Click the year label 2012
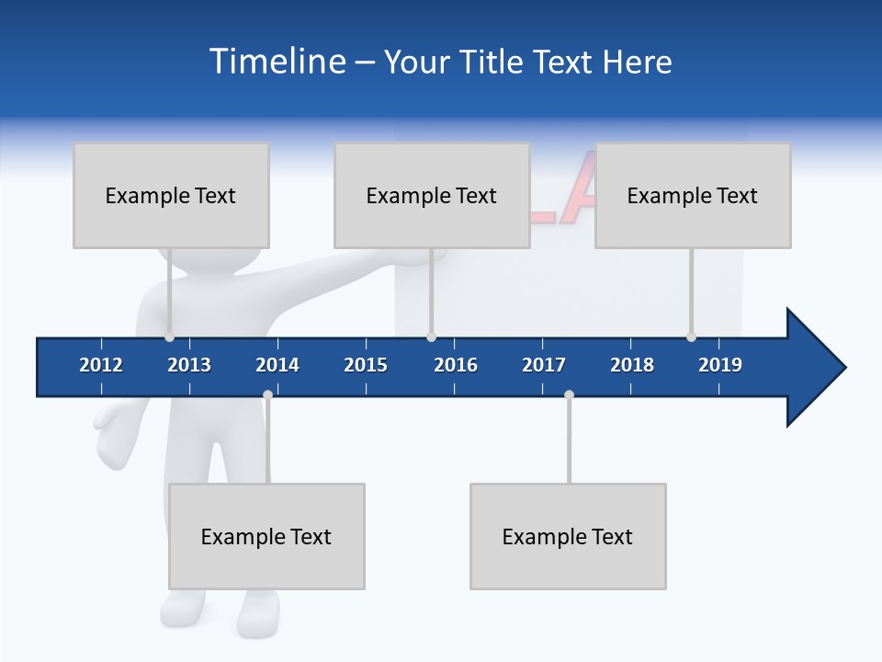pyautogui.click(x=101, y=365)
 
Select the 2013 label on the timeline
pyautogui.click(x=189, y=365)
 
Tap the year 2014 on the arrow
pyautogui.click(x=277, y=365)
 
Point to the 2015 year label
pyautogui.click(x=366, y=365)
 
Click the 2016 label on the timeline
pyautogui.click(x=456, y=365)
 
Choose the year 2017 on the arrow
pyautogui.click(x=544, y=365)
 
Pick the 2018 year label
pyautogui.click(x=632, y=365)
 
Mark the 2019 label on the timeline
pyautogui.click(x=720, y=365)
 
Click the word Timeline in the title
pyautogui.click(x=276, y=62)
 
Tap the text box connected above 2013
pyautogui.click(x=171, y=195)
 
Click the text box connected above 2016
pyautogui.click(x=432, y=195)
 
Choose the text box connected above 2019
pyautogui.click(x=693, y=195)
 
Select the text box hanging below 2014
pyautogui.click(x=266, y=536)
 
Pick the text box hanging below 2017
pyautogui.click(x=568, y=536)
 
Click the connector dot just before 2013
pyautogui.click(x=169, y=337)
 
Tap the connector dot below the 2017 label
pyautogui.click(x=569, y=395)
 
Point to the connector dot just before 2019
pyautogui.click(x=691, y=337)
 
